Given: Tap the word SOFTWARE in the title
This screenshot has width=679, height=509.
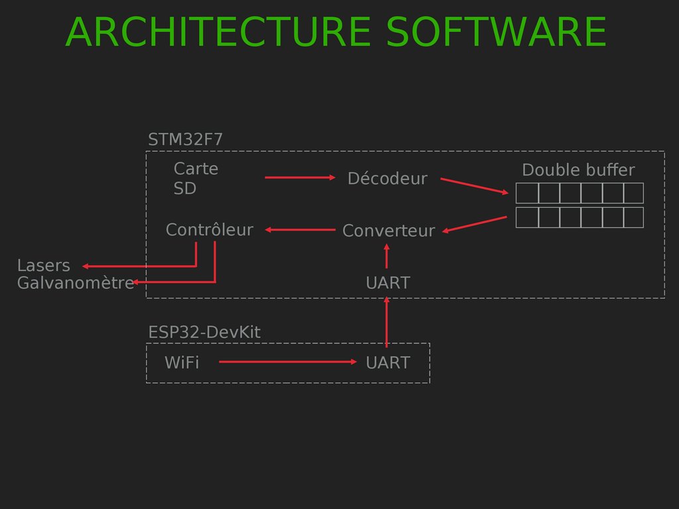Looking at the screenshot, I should coord(496,33).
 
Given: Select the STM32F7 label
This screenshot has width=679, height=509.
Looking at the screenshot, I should coord(185,140).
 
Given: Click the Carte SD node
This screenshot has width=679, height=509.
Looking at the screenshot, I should coord(196,179).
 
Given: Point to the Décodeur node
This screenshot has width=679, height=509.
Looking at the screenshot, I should coord(387,178).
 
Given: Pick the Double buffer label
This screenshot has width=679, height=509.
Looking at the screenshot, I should coord(578,170).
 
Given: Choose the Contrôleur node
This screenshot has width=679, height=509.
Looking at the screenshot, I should coord(209,230).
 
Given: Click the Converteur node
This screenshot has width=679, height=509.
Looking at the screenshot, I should coord(389,231).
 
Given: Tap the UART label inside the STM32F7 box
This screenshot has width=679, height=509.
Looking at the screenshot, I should coord(388,283).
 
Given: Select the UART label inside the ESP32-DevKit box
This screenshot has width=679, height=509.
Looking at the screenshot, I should coord(388,363).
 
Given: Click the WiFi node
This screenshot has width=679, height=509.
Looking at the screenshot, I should coord(182,363).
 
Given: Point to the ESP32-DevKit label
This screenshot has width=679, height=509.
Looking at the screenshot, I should coord(204,332).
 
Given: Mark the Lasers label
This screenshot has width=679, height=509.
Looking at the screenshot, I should coord(43,266).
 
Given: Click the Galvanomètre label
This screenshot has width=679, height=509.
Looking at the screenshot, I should coord(75,283).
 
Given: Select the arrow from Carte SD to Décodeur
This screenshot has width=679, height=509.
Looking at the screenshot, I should coord(300,178).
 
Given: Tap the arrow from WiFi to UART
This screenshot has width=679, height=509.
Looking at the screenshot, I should coord(288,362).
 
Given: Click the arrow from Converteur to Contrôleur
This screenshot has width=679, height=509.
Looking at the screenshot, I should coord(300,230).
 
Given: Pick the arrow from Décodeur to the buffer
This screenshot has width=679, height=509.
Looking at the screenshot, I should coord(477,186).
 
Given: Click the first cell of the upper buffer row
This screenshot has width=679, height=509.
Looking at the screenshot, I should coord(527,193).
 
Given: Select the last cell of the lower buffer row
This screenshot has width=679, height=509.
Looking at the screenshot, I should coord(633,217).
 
